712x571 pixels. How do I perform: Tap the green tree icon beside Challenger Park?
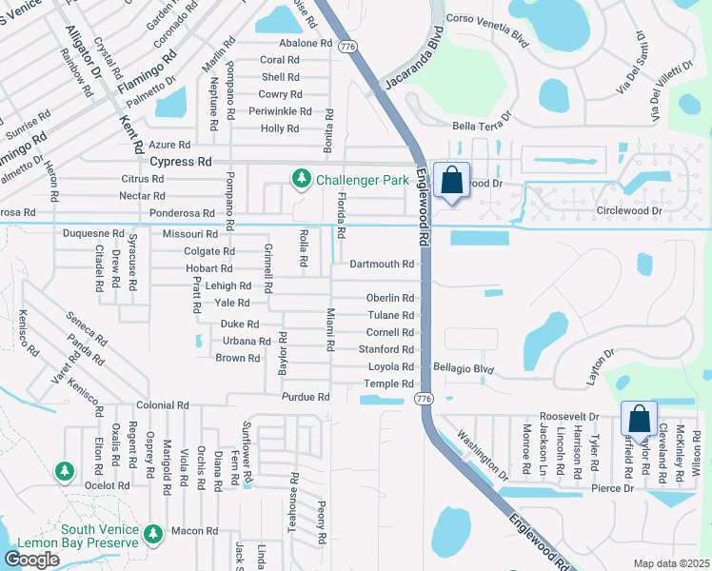tap(302, 178)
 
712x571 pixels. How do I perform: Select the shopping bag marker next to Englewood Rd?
tap(452, 181)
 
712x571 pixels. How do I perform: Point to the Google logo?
tap(31, 559)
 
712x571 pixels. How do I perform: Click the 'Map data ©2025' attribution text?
tap(670, 563)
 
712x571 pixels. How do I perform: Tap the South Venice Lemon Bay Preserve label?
tap(99, 537)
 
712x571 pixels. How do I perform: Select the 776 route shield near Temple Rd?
tap(425, 398)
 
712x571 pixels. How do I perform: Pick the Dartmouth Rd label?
tap(382, 264)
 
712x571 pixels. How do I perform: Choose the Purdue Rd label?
tap(305, 397)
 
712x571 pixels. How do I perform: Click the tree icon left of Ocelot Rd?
tap(64, 470)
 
